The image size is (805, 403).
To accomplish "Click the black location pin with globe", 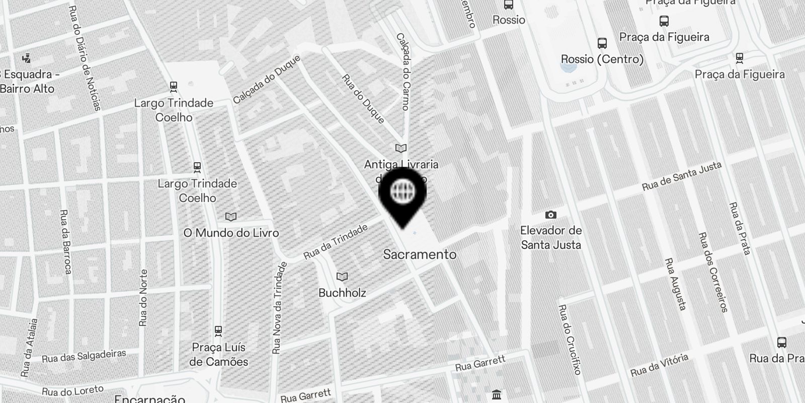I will coord(403,194).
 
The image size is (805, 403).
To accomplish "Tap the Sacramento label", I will coord(420,254).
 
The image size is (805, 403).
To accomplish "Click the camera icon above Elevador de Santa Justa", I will coord(551,215).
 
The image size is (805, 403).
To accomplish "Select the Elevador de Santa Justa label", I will coord(551,238).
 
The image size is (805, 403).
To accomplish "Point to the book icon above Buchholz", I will coord(342,277).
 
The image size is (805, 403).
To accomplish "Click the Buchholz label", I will coord(342,293).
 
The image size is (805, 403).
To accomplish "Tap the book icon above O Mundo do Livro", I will coord(231,217).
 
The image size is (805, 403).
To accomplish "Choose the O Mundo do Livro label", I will coord(231,233).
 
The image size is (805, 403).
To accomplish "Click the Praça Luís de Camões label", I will coord(219,355).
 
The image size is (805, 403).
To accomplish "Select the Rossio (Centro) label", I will coord(602,59).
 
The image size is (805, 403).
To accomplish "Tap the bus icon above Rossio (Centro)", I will coord(602,43).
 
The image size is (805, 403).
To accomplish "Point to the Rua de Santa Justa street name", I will coord(682,176).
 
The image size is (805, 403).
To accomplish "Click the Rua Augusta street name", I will coord(676,284).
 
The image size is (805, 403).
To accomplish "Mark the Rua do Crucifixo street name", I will coord(570,340).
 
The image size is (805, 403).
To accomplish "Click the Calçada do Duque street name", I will coord(267,80).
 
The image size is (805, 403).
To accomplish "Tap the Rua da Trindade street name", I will coord(335,242).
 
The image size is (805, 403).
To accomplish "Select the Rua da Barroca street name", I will coord(66,242).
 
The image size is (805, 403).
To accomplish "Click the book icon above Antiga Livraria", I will coord(401,149).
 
